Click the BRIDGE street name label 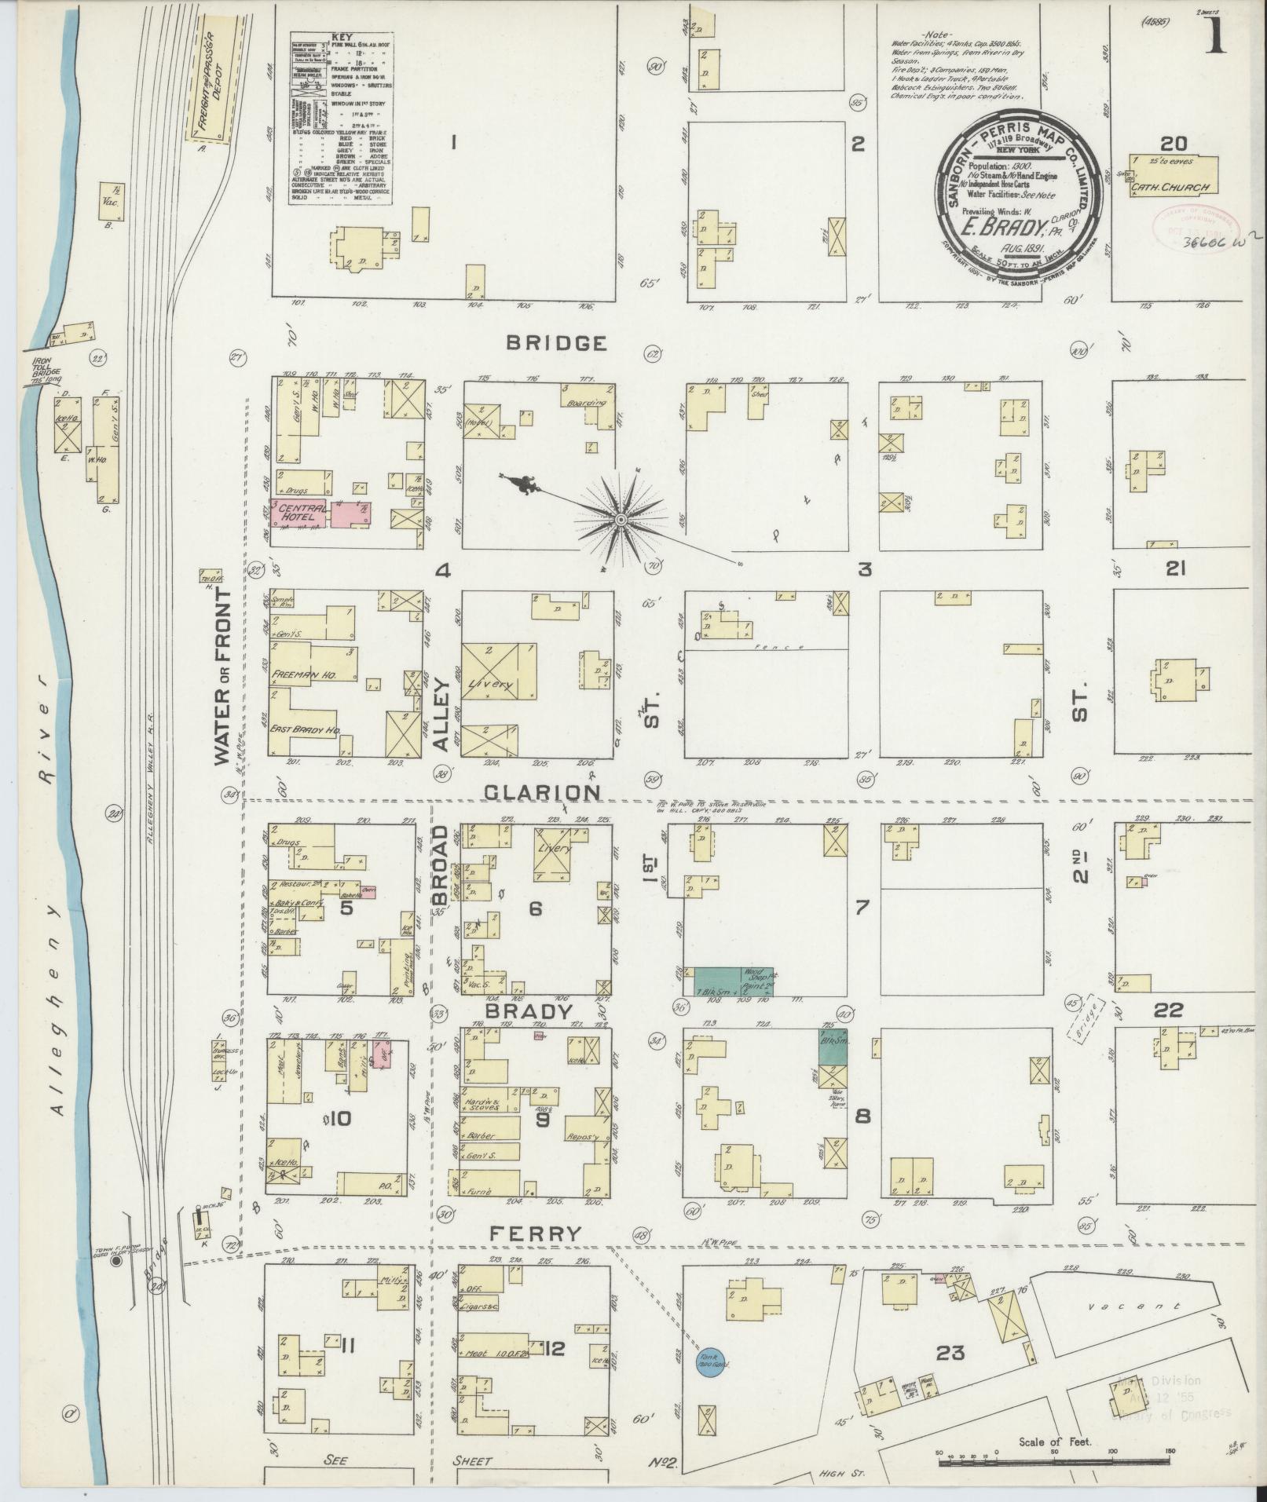(x=556, y=343)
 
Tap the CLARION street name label (x=542, y=792)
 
